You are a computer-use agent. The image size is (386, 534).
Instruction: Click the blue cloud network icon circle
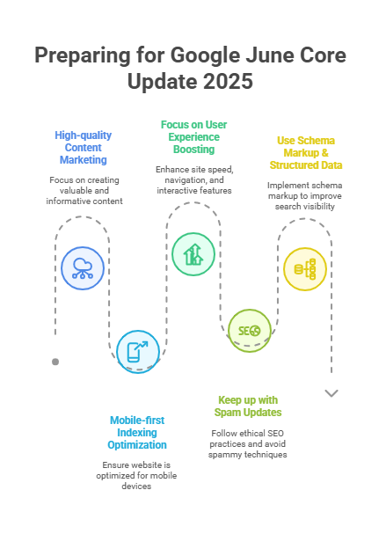(x=83, y=268)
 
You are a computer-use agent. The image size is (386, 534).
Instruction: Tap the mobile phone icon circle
(x=138, y=352)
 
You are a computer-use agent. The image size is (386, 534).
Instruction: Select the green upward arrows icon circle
(x=193, y=254)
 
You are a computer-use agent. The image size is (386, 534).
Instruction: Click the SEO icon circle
(x=249, y=331)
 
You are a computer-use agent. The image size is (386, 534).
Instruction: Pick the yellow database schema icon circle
(x=305, y=269)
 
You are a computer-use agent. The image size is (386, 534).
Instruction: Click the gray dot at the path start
(x=55, y=362)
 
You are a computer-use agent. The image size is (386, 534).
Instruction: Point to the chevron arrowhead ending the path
(x=331, y=393)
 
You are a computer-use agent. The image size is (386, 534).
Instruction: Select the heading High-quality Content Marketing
(x=84, y=148)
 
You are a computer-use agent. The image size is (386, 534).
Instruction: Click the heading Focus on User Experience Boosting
(x=194, y=137)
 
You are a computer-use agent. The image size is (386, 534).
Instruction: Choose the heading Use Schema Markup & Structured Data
(x=306, y=152)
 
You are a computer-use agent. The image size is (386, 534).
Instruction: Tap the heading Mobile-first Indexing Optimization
(x=137, y=433)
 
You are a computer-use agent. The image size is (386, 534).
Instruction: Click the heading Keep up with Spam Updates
(x=248, y=406)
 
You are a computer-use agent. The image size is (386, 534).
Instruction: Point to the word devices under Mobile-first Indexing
(x=136, y=486)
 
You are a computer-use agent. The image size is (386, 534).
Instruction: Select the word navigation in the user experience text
(x=183, y=179)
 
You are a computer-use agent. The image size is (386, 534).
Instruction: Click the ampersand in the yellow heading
(x=324, y=152)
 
